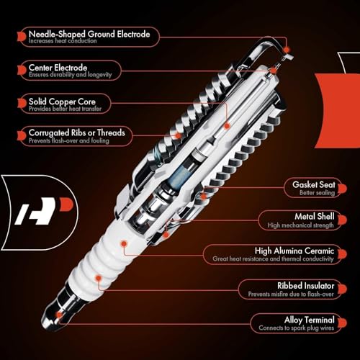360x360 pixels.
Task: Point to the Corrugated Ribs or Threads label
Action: [x=76, y=132]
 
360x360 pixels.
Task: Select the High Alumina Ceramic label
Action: [x=297, y=250]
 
